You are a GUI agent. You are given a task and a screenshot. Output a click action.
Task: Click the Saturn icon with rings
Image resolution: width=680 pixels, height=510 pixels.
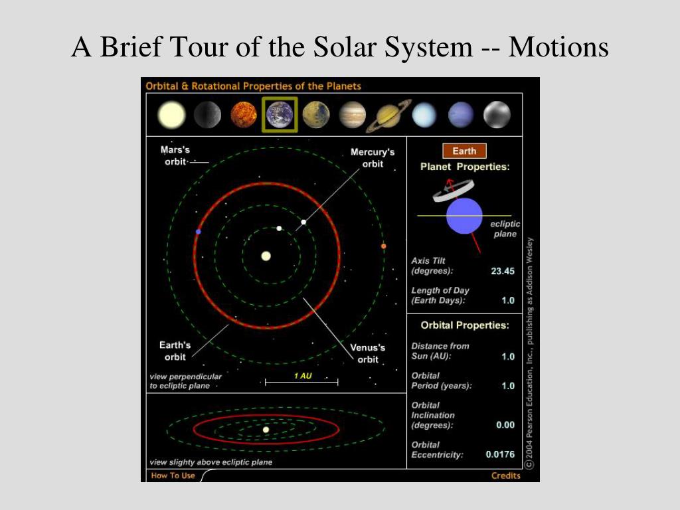(388, 116)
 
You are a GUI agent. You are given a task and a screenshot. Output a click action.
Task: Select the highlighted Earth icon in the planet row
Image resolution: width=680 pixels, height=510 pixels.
(280, 114)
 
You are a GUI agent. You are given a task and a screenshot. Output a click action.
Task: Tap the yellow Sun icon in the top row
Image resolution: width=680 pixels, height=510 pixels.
(172, 115)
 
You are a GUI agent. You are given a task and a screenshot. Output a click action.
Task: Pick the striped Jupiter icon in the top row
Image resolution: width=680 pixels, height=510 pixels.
(352, 115)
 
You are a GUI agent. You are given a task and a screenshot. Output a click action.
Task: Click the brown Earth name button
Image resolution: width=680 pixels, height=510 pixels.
(464, 151)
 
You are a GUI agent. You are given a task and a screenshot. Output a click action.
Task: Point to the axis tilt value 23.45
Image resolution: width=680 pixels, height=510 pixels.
(503, 272)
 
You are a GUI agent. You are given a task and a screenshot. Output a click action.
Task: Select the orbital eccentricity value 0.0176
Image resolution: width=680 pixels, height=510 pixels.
(500, 454)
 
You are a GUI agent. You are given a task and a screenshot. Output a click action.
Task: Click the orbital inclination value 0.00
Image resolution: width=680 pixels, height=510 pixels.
(505, 425)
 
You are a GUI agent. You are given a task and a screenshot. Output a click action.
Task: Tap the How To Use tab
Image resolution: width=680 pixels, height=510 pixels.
(173, 475)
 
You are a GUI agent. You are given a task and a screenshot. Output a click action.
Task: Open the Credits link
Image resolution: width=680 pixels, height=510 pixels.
(505, 475)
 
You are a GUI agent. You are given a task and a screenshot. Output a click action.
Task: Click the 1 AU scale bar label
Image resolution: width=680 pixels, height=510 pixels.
(303, 376)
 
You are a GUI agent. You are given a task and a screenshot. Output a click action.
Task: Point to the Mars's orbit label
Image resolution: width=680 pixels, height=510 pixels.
(175, 155)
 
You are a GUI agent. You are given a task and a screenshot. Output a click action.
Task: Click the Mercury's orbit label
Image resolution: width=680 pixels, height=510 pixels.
(373, 158)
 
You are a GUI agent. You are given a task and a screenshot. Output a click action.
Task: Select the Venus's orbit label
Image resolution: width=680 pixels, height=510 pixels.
(368, 353)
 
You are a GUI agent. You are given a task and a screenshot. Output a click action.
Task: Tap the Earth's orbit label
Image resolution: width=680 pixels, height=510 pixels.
(175, 351)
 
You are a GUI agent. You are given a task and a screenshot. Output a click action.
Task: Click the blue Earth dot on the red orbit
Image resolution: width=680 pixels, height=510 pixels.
(198, 232)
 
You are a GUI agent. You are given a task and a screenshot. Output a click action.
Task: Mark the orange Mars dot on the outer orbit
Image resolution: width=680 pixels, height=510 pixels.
(383, 246)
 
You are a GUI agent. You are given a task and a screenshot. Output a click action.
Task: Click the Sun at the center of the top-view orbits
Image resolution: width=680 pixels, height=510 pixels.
(266, 256)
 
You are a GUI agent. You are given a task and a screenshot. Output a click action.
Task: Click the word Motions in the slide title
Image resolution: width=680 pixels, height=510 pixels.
(558, 47)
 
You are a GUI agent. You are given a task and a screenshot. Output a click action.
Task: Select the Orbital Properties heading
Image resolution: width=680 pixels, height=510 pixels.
(465, 325)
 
